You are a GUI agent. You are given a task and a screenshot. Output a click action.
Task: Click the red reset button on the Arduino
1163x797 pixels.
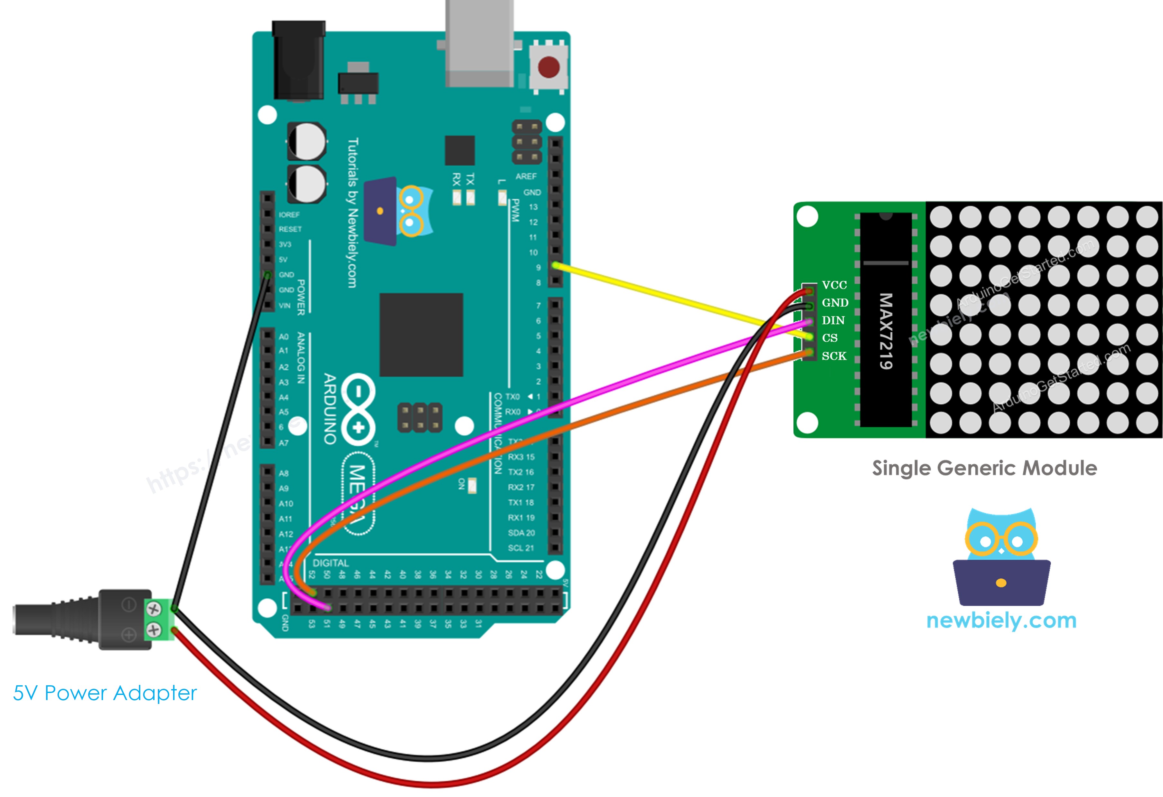click(549, 67)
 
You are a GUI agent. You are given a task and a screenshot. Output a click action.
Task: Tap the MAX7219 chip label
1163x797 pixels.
click(886, 331)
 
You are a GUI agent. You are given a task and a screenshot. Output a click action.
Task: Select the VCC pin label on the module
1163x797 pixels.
click(834, 285)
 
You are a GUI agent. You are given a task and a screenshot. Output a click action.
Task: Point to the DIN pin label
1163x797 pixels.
click(833, 320)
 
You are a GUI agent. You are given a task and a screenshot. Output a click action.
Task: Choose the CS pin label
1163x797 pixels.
click(830, 338)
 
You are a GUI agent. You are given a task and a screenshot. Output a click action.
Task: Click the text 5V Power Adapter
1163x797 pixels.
click(105, 693)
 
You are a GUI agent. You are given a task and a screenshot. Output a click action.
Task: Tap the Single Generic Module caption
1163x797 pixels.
click(984, 468)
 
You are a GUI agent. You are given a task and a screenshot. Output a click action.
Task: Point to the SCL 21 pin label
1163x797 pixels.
click(521, 548)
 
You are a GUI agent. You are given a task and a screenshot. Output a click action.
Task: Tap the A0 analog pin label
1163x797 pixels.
click(284, 337)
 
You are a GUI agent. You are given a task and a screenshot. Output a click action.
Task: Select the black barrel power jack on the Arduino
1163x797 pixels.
click(298, 60)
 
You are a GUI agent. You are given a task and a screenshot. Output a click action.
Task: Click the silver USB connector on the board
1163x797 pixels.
click(479, 43)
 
